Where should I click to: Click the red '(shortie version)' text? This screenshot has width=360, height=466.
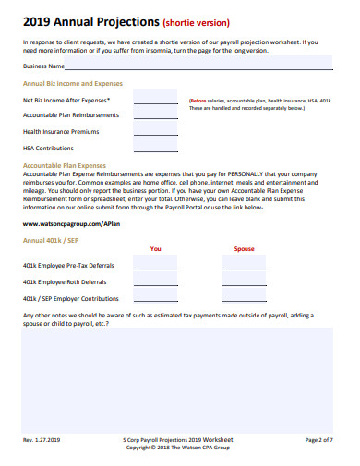tap(196, 23)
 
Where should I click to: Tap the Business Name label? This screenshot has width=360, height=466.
tap(43, 67)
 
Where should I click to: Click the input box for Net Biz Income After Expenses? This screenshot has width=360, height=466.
tap(156, 101)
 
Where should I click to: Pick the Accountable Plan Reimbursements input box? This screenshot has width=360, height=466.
tap(156, 116)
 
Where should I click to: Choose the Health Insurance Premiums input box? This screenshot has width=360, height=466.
tap(156, 132)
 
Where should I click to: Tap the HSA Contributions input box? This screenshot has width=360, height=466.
tap(156, 148)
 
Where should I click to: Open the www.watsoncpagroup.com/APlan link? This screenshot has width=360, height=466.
tap(70, 224)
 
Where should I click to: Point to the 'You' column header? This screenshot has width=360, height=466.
tap(155, 249)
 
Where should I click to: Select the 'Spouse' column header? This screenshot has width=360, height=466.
tap(244, 249)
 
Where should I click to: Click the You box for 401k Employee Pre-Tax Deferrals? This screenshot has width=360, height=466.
tap(156, 265)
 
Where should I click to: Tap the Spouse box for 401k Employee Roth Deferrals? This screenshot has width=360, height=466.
tap(244, 281)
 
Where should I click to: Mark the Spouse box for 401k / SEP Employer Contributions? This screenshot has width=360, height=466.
tap(244, 298)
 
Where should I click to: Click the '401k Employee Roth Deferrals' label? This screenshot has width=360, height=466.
tap(65, 282)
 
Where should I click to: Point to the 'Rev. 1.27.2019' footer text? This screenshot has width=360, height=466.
tap(42, 440)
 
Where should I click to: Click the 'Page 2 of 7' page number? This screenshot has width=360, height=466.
tap(318, 440)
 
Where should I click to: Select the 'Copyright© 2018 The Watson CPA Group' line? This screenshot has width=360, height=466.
tap(178, 448)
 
